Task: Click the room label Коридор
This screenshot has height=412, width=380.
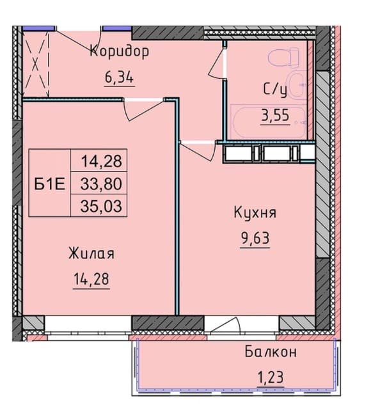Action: coord(119,51)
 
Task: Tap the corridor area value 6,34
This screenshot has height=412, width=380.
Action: coord(120,77)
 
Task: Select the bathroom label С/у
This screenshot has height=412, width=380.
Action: coord(275,90)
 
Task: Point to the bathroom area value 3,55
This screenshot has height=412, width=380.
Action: coord(275,116)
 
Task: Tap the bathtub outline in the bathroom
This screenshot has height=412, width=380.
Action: coord(269,122)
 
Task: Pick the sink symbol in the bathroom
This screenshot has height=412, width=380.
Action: coord(297,84)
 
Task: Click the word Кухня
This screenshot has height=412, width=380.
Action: coord(255,212)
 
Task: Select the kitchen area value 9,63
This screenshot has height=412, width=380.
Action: coord(255,238)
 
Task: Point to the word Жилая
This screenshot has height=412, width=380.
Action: coord(91,254)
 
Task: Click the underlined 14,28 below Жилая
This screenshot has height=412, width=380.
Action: coord(91,279)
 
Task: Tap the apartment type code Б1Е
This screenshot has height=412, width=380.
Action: coord(50,184)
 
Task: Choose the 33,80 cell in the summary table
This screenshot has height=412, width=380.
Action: coord(101,184)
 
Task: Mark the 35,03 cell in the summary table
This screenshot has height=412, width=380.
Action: coord(101,206)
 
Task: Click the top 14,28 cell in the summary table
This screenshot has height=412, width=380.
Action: coord(102,161)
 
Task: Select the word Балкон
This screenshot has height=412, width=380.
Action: coord(271,352)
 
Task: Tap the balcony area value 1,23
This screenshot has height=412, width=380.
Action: coord(271,377)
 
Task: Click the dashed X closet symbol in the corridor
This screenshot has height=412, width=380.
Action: coord(35,64)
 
